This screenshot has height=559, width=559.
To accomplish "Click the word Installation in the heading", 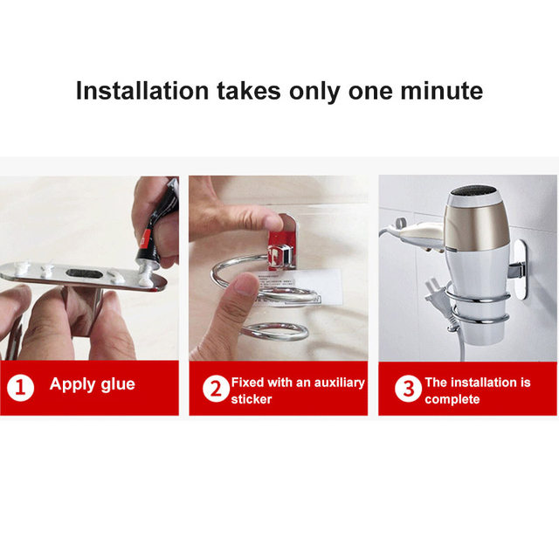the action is [x=141, y=91].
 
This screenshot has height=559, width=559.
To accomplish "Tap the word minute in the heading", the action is [x=442, y=91].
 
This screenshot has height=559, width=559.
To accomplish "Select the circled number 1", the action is [x=20, y=388].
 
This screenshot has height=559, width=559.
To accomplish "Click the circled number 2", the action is [x=216, y=389].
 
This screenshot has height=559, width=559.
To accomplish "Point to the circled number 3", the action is [x=408, y=389].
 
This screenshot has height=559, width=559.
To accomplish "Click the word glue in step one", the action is [x=118, y=385].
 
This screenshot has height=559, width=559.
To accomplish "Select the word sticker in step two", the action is [x=251, y=399].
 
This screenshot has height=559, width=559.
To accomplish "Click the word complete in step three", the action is [x=452, y=400].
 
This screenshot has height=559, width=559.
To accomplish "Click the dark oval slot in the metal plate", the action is [x=85, y=273].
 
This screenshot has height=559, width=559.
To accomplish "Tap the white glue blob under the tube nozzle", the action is [x=147, y=279].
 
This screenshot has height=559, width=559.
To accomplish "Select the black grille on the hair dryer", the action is [x=472, y=190].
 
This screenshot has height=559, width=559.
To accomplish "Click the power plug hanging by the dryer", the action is [x=436, y=294].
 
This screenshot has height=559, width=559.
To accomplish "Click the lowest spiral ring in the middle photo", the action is [x=274, y=332].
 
